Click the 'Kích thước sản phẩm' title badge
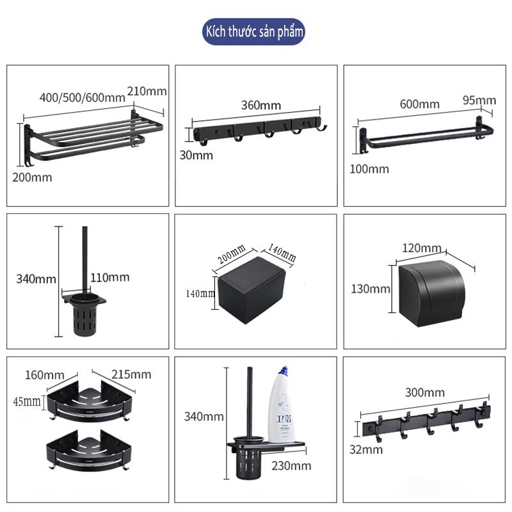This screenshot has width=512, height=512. (253, 31)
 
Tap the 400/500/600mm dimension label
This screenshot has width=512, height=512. (83, 97)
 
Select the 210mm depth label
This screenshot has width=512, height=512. (147, 91)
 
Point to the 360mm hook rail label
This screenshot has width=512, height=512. (261, 105)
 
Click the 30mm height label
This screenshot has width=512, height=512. (196, 155)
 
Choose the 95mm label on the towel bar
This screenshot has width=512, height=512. (479, 100)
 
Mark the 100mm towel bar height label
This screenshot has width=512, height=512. (369, 169)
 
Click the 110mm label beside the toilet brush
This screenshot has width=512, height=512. (110, 278)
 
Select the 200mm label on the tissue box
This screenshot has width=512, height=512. (232, 254)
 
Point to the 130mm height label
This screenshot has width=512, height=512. (371, 289)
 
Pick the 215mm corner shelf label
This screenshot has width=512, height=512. (131, 374)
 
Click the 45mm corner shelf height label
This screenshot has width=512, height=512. (27, 401)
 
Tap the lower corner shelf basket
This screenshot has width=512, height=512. (89, 451)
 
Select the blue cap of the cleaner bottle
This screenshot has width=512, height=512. (283, 371)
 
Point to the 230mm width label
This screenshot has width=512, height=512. (291, 466)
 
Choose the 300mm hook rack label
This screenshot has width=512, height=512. (425, 392)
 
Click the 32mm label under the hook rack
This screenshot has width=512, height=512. (366, 450)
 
